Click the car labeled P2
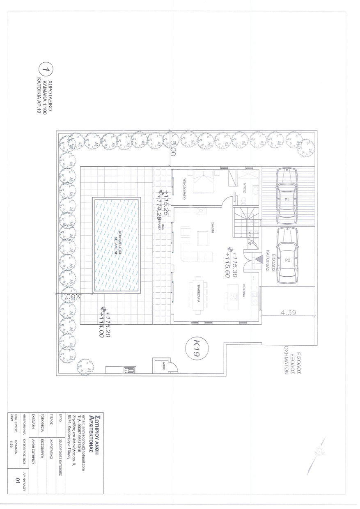click(x=287, y=255)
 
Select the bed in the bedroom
click(x=203, y=183)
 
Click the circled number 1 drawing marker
click(x=44, y=69)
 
